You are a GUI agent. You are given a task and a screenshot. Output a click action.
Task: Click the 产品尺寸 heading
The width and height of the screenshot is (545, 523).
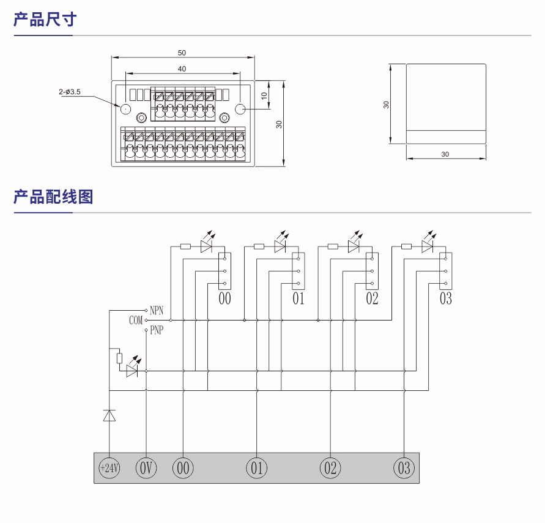tap(45, 20)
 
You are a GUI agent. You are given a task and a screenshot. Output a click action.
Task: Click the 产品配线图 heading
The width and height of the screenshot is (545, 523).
tap(53, 197)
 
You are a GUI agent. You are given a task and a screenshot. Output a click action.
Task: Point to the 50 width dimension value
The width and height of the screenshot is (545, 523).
tap(182, 53)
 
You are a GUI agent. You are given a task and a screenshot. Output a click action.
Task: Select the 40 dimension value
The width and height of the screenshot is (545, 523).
tap(182, 69)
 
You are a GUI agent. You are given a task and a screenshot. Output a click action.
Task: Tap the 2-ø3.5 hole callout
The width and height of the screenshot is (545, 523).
tap(70, 92)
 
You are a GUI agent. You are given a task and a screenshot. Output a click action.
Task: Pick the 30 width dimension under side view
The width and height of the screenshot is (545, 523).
tap(445, 154)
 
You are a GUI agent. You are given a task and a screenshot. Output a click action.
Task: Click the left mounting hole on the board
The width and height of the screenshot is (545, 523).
tap(125, 109)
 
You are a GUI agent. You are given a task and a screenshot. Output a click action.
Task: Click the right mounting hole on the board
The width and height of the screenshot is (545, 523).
tap(240, 109)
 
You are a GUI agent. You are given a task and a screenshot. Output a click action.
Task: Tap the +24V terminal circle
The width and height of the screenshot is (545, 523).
tap(109, 468)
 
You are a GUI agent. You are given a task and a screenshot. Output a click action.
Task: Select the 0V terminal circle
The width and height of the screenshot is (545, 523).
tap(146, 468)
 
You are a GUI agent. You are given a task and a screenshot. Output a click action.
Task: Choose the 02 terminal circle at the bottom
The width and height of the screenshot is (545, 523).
tap(330, 468)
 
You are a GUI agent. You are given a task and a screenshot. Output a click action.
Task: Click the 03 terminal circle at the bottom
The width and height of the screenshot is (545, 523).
tap(404, 468)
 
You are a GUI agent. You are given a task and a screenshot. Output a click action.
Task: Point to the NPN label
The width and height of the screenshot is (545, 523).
tap(157, 310)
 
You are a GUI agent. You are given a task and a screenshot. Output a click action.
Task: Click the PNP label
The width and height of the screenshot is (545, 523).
tap(157, 330)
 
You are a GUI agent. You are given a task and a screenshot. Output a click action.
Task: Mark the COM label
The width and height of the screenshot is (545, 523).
tap(136, 320)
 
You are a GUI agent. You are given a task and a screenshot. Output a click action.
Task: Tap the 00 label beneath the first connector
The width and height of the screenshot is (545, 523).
tap(225, 299)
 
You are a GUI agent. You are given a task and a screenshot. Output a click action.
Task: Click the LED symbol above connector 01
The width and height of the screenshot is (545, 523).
tap(280, 245)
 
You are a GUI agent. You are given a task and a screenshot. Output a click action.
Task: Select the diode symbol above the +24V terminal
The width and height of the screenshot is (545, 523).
tap(109, 416)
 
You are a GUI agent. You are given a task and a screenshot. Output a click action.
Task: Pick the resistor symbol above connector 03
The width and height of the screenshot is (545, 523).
tap(406, 247)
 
